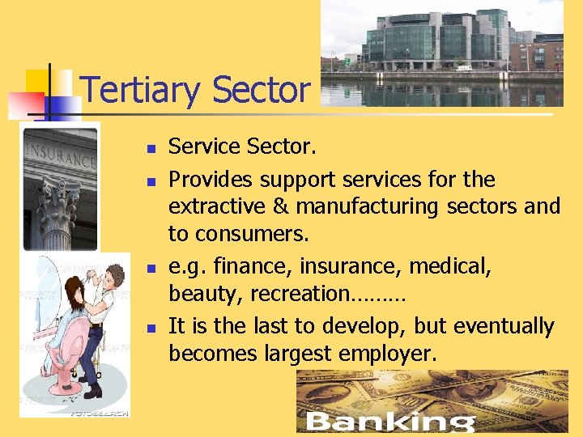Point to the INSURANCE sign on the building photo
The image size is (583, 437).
(61, 155)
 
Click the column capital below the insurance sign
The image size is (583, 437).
(61, 198)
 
